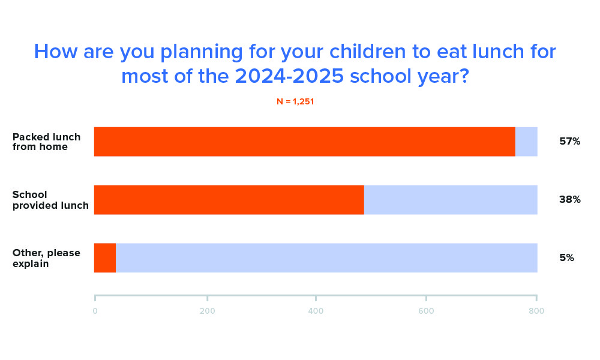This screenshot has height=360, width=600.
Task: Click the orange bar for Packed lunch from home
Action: click(x=305, y=142)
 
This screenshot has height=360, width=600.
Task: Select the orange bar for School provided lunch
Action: click(x=229, y=200)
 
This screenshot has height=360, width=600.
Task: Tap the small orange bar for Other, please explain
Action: click(x=105, y=258)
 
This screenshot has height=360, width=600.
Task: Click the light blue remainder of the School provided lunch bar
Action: click(x=451, y=200)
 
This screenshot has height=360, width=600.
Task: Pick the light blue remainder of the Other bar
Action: click(x=326, y=258)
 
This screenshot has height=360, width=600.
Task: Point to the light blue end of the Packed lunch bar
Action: click(x=526, y=142)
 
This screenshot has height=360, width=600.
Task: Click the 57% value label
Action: click(x=569, y=142)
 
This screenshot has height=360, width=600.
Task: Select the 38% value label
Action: click(x=569, y=200)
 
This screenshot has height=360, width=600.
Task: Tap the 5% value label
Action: click(x=566, y=258)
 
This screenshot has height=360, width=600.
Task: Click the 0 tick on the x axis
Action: click(x=95, y=310)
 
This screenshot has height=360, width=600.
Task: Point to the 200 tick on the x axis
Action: click(x=207, y=310)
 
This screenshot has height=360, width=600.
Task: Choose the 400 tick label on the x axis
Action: click(x=316, y=310)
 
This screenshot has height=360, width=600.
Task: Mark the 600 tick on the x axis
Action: click(x=426, y=310)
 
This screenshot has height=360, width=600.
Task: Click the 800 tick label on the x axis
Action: click(x=536, y=310)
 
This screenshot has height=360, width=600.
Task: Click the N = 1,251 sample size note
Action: click(x=295, y=102)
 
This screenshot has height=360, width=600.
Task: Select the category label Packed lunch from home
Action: click(x=46, y=142)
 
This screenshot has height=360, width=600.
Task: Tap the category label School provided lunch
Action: click(x=50, y=200)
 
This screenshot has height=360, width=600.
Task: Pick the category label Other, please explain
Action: click(x=46, y=258)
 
